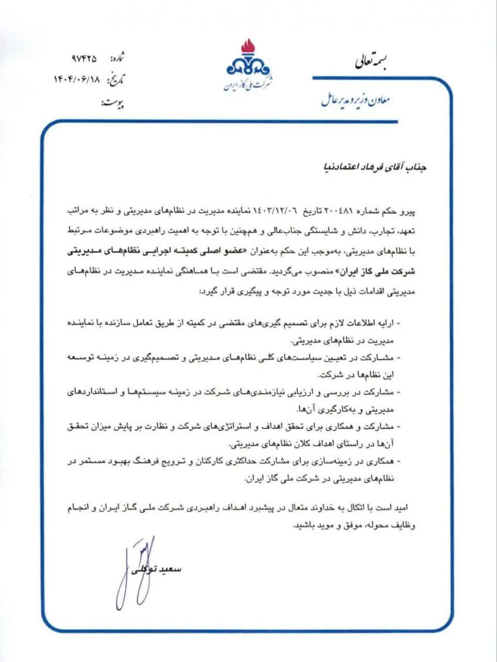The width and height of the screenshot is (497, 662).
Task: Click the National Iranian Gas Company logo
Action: click(x=248, y=65)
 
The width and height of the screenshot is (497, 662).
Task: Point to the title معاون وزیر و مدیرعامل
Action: click(x=355, y=99)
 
